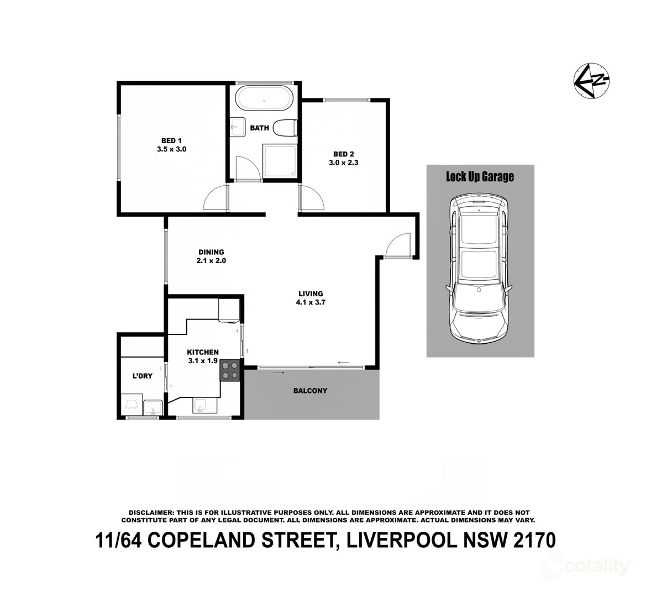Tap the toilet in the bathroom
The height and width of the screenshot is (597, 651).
coord(286,128)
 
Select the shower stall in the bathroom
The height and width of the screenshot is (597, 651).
coord(279,161)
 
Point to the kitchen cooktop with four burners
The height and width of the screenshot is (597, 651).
coord(230,370)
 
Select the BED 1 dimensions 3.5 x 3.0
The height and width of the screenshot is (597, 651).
coord(171,149)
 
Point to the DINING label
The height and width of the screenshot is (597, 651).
coord(211,252)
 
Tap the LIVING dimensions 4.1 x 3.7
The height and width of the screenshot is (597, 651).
coord(310,302)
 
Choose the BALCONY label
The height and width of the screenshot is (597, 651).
coord(310,391)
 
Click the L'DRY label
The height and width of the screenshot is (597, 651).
coord(141,376)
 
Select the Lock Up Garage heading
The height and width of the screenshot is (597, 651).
coord(480,176)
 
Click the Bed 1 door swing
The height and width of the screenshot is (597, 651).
coord(216,198)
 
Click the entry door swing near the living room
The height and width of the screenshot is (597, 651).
coord(398,246)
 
